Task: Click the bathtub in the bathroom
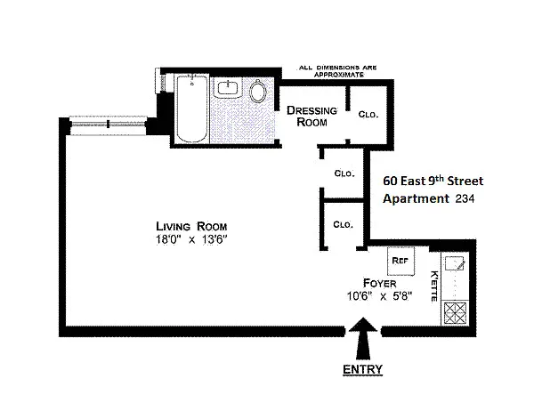click(x=191, y=109)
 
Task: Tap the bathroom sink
click(x=228, y=88)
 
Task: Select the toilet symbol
click(x=258, y=91)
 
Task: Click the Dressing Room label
click(x=312, y=117)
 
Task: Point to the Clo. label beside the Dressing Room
click(x=368, y=115)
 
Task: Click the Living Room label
click(x=191, y=227)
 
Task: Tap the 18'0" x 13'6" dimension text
click(x=191, y=239)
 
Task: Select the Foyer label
click(x=380, y=283)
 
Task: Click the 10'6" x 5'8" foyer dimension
click(x=380, y=296)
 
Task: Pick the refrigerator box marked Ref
click(x=401, y=262)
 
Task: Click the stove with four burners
click(x=456, y=313)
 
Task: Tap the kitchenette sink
click(x=455, y=263)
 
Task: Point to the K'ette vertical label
click(x=434, y=286)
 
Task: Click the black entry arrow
click(x=363, y=338)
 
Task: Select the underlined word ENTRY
click(x=362, y=369)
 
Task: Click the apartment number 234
click(x=465, y=198)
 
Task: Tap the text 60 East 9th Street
click(x=433, y=181)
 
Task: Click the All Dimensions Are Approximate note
click(x=338, y=71)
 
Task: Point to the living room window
click(x=108, y=125)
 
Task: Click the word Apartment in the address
click(x=416, y=199)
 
